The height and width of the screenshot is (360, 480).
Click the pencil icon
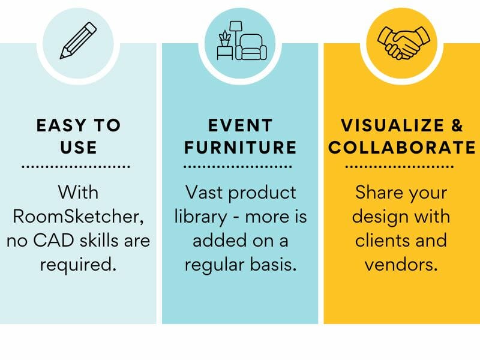point(79,40)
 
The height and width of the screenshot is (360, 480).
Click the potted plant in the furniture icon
point(225,40)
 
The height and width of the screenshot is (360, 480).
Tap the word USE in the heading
point(78,147)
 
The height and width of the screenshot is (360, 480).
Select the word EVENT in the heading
point(240,126)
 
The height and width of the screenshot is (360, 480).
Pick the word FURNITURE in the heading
point(240,147)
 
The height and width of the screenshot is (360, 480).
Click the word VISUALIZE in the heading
point(388,126)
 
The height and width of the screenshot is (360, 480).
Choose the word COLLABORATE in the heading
point(402,147)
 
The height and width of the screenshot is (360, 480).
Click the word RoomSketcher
point(78,217)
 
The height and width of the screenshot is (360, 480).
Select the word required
point(78,264)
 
